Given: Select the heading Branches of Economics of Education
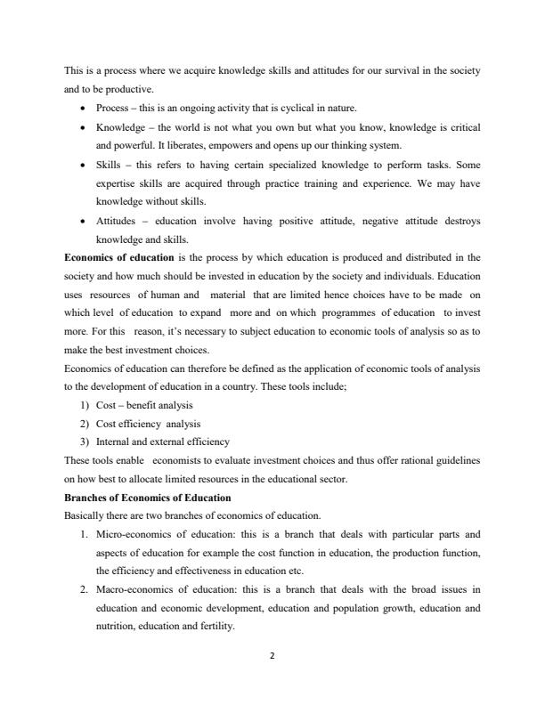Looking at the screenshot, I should [148, 497].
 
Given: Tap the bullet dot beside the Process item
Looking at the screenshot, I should [82, 109].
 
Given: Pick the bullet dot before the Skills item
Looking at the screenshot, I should [82, 165].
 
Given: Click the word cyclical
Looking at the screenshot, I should [277, 109].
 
